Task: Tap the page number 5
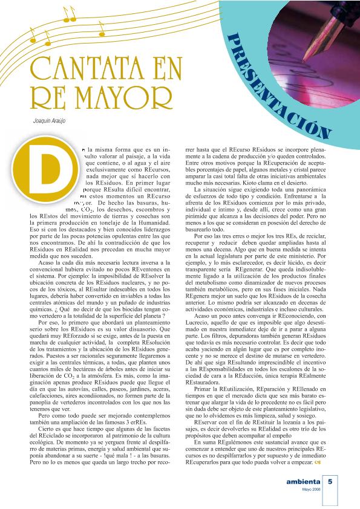331,482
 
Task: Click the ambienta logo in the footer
304,482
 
